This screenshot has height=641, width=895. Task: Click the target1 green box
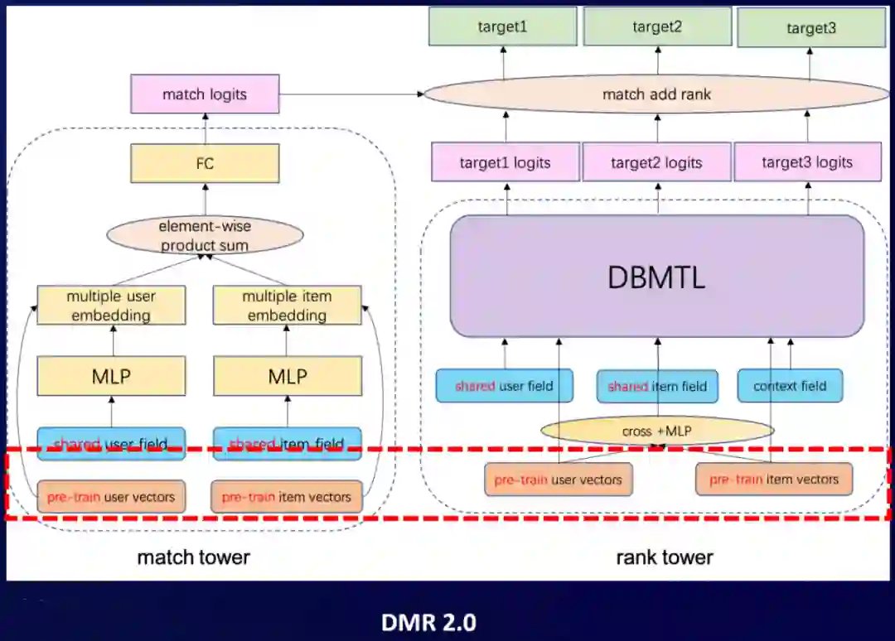[x=502, y=27]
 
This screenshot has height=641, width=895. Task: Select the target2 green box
[x=657, y=27]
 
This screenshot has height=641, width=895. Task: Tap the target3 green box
[x=811, y=28]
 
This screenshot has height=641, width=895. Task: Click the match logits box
[x=205, y=94]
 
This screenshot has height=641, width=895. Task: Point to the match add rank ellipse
[x=656, y=94]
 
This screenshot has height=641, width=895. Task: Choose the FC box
[x=205, y=163]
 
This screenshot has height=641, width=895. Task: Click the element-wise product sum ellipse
[x=206, y=235]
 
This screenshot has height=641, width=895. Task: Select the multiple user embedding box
[x=111, y=306]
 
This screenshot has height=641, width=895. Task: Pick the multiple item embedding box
[x=287, y=306]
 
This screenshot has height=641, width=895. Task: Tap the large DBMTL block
[x=656, y=277]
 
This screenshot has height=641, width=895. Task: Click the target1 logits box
[x=505, y=162]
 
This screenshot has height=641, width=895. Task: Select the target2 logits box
[x=656, y=162]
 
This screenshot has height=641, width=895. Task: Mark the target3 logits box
[x=807, y=162]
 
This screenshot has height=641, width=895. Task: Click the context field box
[x=790, y=386]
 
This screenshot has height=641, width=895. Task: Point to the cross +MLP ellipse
[x=656, y=431]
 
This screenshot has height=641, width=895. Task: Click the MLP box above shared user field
[x=111, y=377]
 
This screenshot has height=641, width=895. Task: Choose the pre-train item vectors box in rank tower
[x=774, y=480]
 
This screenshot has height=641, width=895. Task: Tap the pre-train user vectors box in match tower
[x=111, y=497]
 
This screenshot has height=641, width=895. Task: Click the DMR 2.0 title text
[x=429, y=621]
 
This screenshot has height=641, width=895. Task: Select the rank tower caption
[x=665, y=557]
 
